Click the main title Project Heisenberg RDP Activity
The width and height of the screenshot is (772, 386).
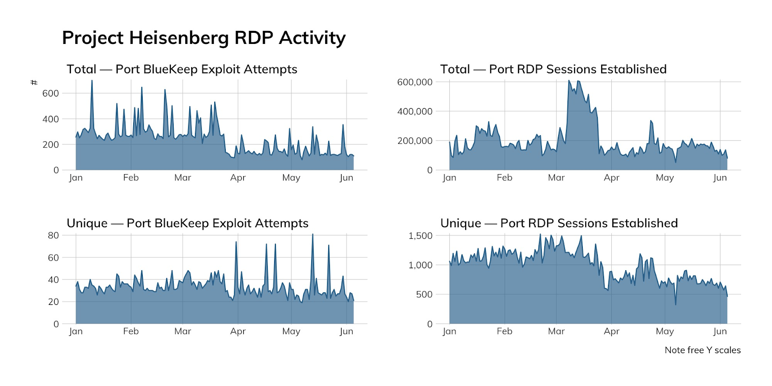(x=204, y=38)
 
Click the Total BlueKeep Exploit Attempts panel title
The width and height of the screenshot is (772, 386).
(x=182, y=69)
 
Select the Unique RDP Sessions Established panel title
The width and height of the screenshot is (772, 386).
(x=559, y=223)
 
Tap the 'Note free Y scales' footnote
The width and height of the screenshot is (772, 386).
(x=702, y=350)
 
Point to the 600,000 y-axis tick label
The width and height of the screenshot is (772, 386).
(x=414, y=82)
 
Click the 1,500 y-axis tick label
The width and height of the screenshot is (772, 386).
(x=420, y=235)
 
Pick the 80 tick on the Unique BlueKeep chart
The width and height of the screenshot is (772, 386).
(x=53, y=235)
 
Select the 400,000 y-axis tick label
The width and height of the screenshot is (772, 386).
(x=414, y=111)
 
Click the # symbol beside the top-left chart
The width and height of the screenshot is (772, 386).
(x=34, y=83)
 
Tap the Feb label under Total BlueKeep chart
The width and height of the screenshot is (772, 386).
(x=131, y=178)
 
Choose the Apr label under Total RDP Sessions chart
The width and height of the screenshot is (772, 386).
(x=611, y=178)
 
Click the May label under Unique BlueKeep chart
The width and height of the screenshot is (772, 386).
(x=291, y=331)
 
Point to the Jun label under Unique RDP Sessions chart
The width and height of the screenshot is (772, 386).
(x=720, y=331)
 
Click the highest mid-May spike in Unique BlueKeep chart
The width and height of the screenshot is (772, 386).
(x=312, y=235)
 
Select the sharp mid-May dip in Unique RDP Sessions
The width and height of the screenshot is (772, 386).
(x=675, y=304)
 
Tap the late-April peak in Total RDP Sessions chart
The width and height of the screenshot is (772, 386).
(x=651, y=121)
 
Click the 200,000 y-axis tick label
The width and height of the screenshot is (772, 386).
(x=414, y=141)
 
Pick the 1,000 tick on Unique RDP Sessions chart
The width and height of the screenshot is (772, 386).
(x=420, y=265)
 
